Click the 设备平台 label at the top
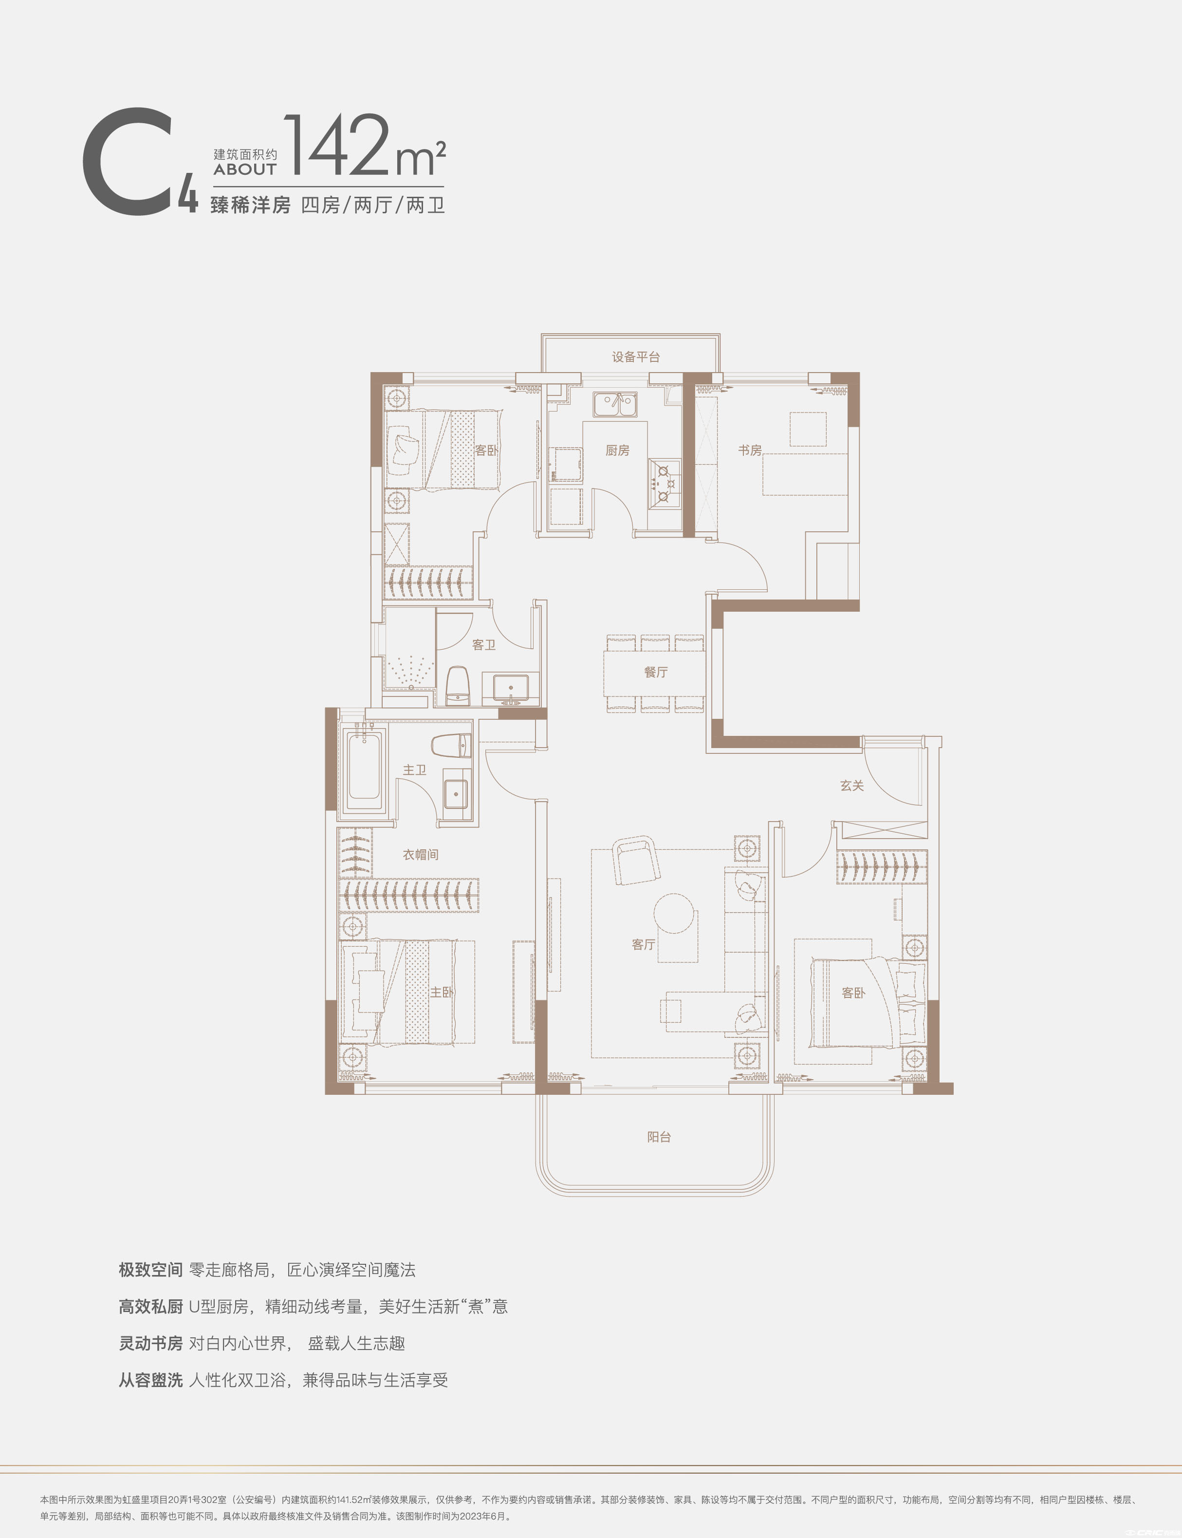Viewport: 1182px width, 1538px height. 635,357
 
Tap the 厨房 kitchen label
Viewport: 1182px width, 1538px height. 617,450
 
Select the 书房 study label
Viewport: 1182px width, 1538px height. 749,450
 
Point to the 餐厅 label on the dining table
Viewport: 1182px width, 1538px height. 656,672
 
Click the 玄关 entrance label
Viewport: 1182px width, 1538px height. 851,786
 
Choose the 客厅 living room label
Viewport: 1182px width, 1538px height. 643,945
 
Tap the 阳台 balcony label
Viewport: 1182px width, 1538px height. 659,1137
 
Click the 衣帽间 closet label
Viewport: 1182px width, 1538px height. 420,855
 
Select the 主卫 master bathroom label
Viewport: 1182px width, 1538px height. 414,770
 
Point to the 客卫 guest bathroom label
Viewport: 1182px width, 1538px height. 483,645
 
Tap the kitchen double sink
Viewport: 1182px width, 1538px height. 615,405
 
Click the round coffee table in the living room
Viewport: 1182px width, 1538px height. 674,913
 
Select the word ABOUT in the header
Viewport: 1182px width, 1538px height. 245,169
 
